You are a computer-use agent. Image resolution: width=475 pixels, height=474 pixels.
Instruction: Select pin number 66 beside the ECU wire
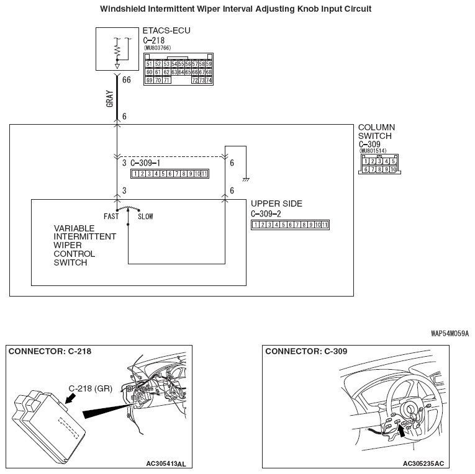pos(127,80)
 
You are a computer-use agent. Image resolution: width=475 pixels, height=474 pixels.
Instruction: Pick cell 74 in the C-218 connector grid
pos(209,81)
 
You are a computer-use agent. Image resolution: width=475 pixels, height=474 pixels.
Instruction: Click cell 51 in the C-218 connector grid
pos(149,64)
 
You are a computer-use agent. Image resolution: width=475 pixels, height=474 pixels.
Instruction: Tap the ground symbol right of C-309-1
pos(247,179)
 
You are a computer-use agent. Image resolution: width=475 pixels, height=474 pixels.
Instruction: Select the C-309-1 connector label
pos(146,163)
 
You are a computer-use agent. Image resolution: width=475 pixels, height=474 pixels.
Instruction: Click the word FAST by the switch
pos(111,217)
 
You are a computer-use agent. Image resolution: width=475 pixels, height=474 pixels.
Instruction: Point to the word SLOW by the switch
pos(145,217)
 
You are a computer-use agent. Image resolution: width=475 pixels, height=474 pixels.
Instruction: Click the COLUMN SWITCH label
pos(376,132)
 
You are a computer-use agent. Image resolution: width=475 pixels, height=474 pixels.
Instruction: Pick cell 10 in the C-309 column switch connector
pos(392,169)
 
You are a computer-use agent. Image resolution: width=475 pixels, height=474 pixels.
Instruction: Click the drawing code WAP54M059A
pos(450,333)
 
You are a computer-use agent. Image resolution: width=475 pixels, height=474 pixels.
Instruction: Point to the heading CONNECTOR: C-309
pos(306,351)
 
